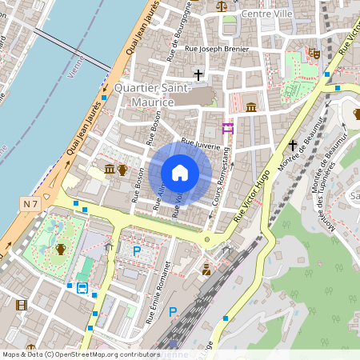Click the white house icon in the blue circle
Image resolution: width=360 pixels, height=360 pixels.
point(179,173)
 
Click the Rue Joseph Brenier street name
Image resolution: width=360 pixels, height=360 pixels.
point(217,49)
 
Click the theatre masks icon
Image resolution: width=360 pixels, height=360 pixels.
point(315,53)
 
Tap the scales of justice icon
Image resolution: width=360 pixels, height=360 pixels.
point(222,5)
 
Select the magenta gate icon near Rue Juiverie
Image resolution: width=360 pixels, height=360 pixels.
point(228,128)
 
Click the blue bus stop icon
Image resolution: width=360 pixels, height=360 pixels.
point(82,288)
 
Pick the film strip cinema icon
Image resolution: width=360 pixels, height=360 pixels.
point(21,305)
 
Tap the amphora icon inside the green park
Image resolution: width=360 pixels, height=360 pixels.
point(60,249)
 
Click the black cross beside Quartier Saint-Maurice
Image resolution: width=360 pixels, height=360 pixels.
point(198,74)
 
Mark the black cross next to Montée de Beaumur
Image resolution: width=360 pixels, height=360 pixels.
point(294,145)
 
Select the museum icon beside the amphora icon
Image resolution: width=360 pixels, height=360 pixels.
point(109,169)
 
